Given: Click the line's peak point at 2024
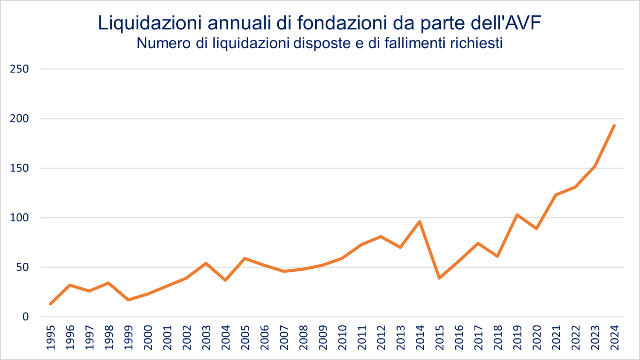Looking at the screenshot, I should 614,125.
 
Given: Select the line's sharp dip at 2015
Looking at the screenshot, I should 439,278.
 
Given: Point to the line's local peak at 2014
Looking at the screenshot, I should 420,221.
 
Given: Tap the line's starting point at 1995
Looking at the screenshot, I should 50,304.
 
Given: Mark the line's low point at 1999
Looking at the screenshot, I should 128,300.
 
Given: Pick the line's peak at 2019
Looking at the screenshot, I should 517,215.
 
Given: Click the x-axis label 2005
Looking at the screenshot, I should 245,337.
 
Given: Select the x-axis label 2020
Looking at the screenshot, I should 536,337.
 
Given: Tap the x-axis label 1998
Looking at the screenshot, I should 109,337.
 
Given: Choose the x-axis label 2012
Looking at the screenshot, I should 381,337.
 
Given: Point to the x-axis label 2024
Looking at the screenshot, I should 614,337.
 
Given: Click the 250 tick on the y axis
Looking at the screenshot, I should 19,69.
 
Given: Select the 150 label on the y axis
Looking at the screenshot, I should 19,168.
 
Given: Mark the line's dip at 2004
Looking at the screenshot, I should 225,280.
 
